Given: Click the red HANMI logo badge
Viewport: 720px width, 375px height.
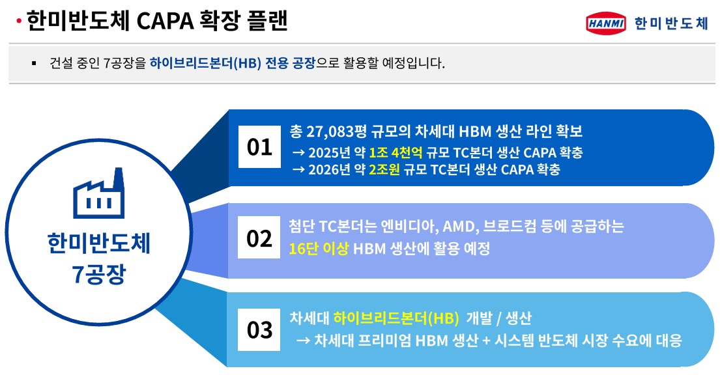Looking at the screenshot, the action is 606,23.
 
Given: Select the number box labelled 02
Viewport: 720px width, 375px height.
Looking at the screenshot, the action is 259,240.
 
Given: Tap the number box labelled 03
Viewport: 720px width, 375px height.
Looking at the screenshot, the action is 259,331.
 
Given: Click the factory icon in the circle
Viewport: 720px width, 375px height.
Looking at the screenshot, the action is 98,193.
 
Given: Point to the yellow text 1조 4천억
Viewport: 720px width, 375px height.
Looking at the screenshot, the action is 396,153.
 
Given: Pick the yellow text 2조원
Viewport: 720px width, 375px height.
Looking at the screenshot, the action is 385,170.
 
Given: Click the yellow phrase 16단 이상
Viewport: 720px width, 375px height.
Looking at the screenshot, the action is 319,248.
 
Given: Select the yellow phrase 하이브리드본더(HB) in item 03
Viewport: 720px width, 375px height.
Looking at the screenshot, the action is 397,319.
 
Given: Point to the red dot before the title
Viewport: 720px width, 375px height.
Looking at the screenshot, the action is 20,22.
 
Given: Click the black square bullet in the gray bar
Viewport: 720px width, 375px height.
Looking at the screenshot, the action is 33,64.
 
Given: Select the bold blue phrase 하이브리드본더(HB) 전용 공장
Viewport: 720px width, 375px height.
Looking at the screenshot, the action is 232,63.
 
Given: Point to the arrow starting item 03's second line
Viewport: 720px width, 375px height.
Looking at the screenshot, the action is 302,340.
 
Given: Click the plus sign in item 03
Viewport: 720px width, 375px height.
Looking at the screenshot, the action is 486,340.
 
